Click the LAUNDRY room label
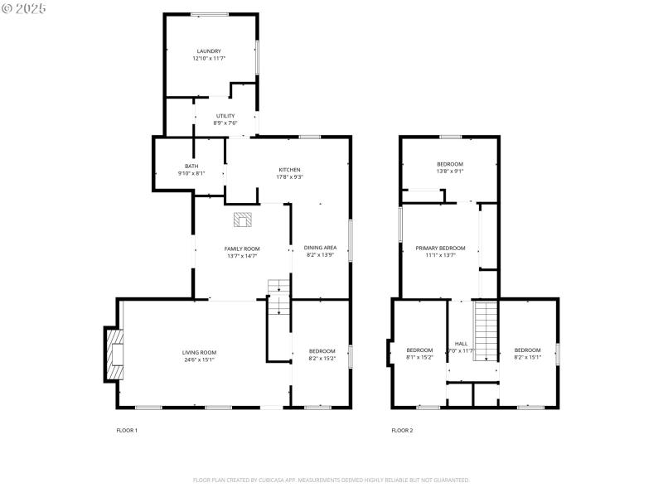click(209, 51)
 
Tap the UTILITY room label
click(225, 116)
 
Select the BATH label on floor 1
click(191, 166)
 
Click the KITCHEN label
click(289, 169)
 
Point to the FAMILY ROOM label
click(242, 248)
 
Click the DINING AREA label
click(320, 248)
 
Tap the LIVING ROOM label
click(199, 352)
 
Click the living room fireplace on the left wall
click(112, 354)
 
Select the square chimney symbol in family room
click(242, 220)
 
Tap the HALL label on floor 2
click(461, 343)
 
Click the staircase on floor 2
click(485, 330)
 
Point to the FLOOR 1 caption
click(127, 430)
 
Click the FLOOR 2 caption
click(402, 430)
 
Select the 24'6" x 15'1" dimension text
click(199, 359)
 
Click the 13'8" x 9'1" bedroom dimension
click(450, 171)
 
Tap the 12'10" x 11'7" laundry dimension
click(209, 58)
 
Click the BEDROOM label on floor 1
click(322, 350)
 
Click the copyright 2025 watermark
click(25, 7)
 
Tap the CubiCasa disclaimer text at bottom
click(331, 480)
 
